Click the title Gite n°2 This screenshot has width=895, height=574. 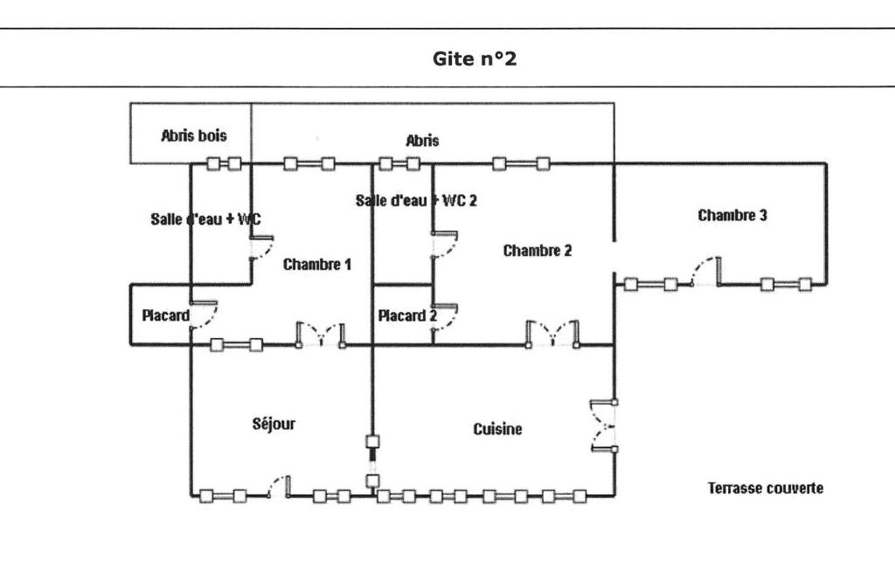(x=475, y=60)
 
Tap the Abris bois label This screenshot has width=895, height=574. (x=193, y=135)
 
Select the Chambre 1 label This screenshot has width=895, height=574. (x=317, y=264)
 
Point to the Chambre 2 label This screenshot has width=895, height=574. (x=538, y=251)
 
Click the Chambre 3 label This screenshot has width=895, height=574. (x=732, y=215)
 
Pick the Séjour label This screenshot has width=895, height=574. (x=274, y=424)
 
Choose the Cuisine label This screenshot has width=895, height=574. (x=497, y=429)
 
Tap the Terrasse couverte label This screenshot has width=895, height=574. (x=765, y=488)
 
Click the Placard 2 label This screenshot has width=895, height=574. (x=406, y=315)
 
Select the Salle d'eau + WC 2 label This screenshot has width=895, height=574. (x=416, y=200)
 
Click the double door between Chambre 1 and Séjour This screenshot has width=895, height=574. (x=321, y=335)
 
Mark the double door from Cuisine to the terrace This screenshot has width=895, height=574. (x=604, y=425)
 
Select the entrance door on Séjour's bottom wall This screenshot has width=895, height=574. (x=278, y=486)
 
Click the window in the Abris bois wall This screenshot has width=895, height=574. (x=223, y=163)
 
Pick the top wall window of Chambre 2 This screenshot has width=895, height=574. (x=520, y=163)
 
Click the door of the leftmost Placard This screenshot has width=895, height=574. (x=203, y=315)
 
